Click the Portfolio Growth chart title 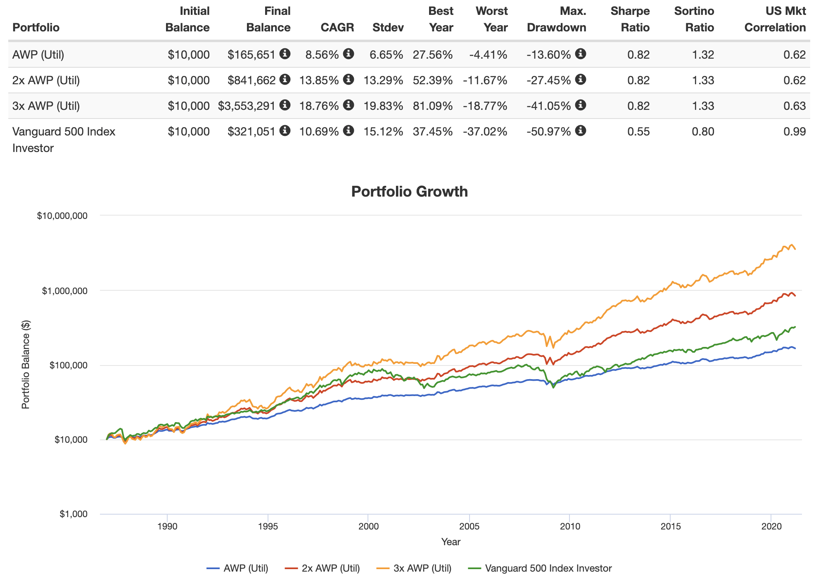click(x=409, y=192)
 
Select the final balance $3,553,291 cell click(x=247, y=106)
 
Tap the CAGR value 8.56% click(x=322, y=55)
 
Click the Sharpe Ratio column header click(x=630, y=19)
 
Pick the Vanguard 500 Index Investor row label click(x=64, y=139)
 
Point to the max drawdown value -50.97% click(x=549, y=131)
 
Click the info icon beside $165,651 click(x=285, y=54)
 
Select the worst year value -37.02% click(x=485, y=131)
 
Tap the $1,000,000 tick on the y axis click(x=64, y=291)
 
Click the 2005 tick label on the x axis click(x=469, y=527)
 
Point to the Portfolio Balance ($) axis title click(x=26, y=365)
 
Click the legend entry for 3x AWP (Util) click(x=422, y=568)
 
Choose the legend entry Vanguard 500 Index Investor click(x=548, y=568)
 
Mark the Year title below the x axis click(x=451, y=542)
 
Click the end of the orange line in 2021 click(x=795, y=249)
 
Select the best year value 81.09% click(x=432, y=106)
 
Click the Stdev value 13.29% click(x=383, y=80)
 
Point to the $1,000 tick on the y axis click(x=74, y=514)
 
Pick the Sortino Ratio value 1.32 click(x=703, y=55)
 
